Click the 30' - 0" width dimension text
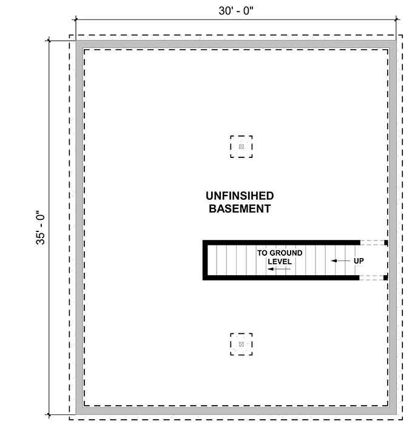tap(235, 10)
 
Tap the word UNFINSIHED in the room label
tap(239, 196)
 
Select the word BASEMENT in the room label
tap(239, 209)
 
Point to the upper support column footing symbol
tap(241, 147)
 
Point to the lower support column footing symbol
tap(241, 344)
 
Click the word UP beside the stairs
tap(359, 261)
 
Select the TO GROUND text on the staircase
tap(280, 253)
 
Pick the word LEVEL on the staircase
tap(280, 262)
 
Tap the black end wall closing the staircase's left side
tap(206, 260)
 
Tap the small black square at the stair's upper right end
tap(386, 242)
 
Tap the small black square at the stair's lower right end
tap(386, 278)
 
